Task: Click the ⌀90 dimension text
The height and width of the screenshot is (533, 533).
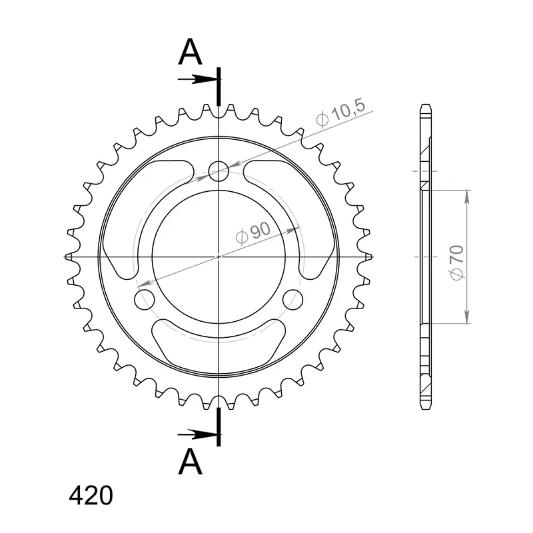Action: click(x=253, y=233)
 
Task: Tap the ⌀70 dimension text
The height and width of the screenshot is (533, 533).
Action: click(x=457, y=263)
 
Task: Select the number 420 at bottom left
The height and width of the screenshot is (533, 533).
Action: click(x=91, y=496)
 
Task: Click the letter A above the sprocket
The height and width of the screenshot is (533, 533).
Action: click(x=191, y=52)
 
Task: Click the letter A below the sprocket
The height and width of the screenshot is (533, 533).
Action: click(x=191, y=461)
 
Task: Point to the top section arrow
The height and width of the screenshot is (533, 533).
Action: click(x=197, y=79)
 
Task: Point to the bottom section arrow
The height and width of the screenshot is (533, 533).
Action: click(x=197, y=434)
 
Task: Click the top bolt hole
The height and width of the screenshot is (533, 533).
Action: click(x=219, y=171)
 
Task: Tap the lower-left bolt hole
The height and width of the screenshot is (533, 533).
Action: click(x=145, y=299)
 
